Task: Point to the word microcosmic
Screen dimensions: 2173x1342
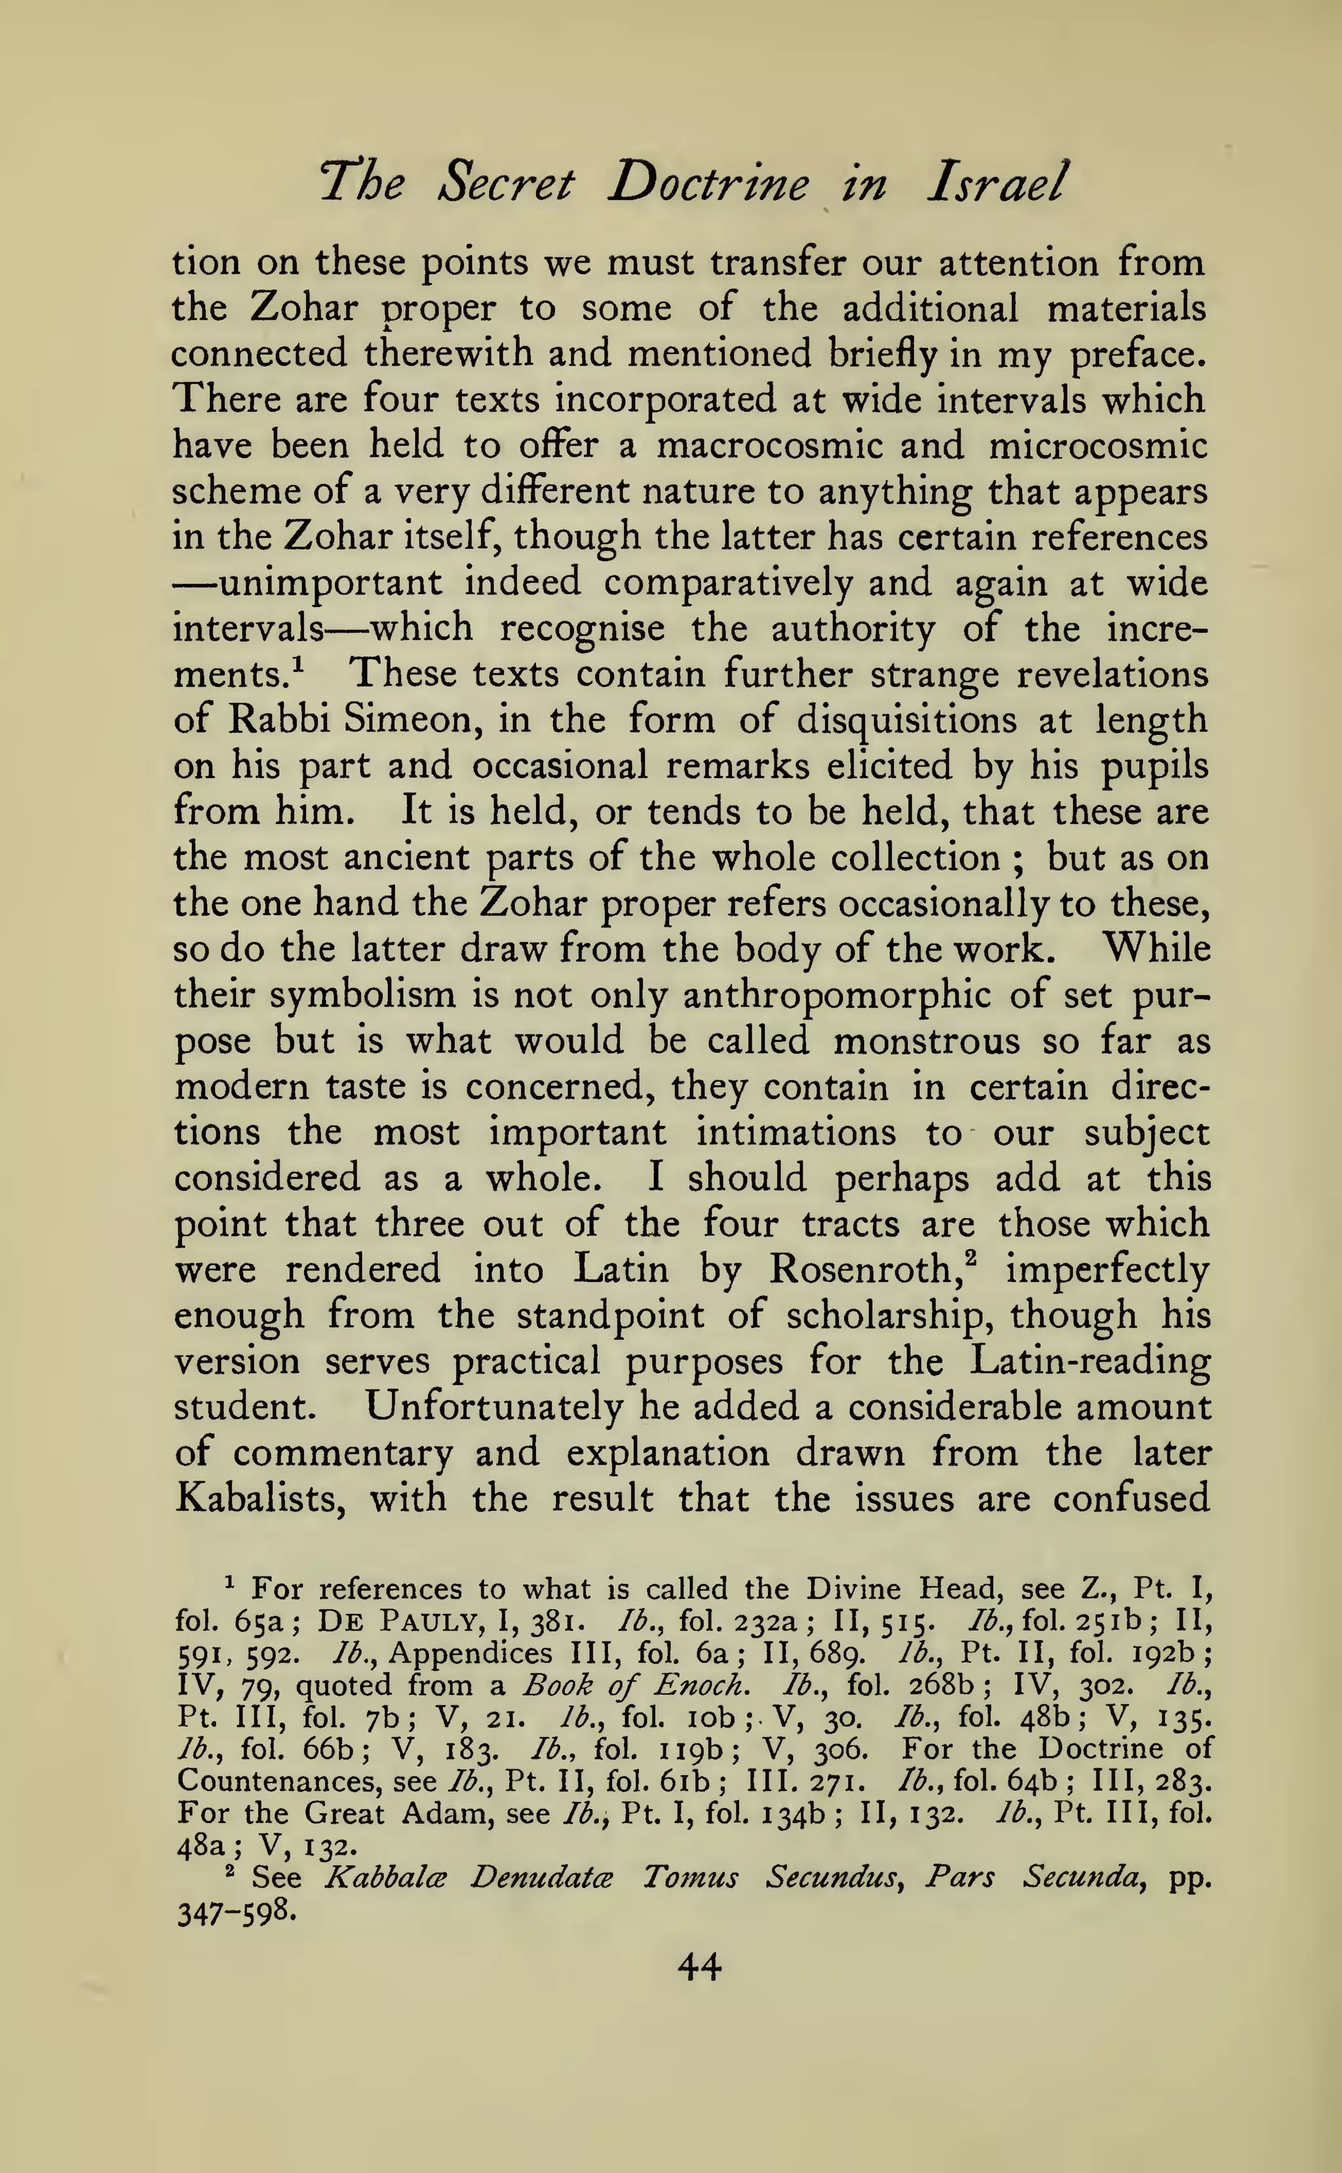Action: [1098, 444]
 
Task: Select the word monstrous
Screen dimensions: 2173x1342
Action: [927, 1040]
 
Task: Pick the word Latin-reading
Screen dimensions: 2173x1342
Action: [1090, 1361]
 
